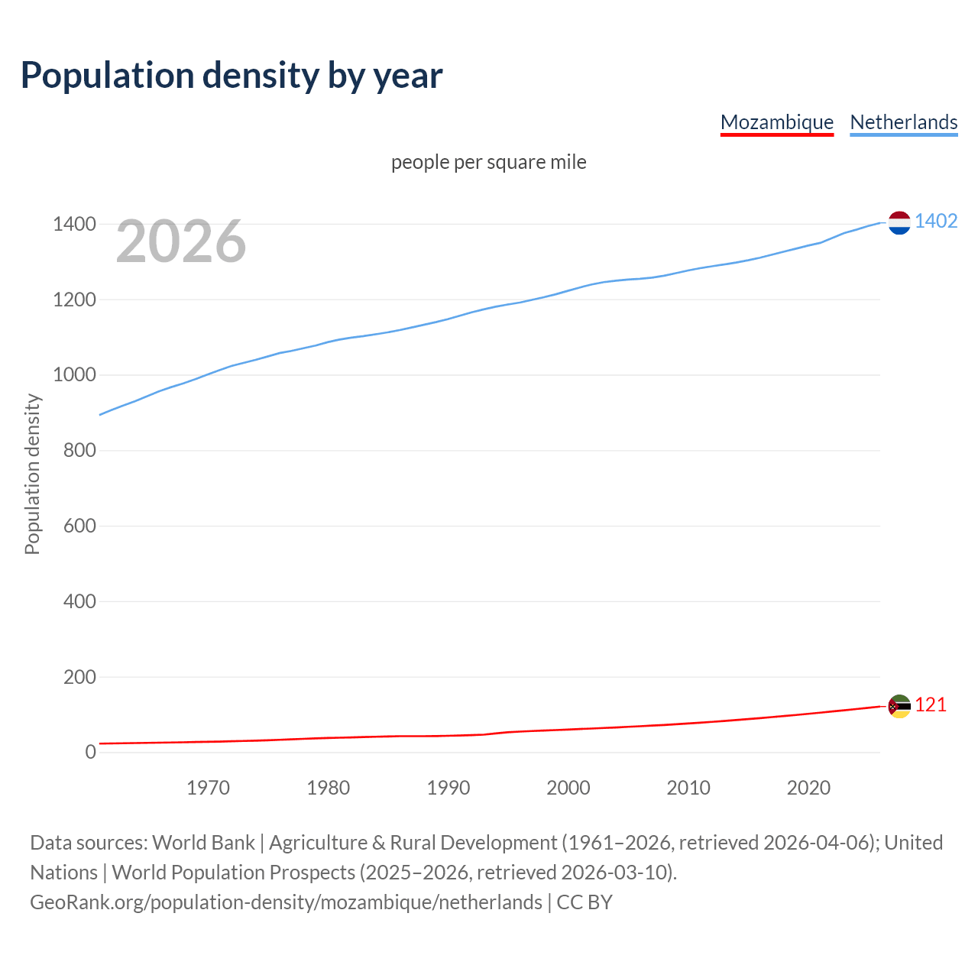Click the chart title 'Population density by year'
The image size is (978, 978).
coord(232,75)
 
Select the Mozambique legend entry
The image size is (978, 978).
coord(776,122)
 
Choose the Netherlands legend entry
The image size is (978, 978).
coord(903,122)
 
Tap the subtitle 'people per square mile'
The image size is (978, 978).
coord(488,162)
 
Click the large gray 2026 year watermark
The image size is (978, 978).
coord(181,241)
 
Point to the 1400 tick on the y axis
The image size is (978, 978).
coord(74,224)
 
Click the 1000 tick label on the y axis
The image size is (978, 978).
coord(74,375)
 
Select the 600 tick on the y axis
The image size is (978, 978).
coord(79,526)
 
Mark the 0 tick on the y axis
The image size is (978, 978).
coord(91,752)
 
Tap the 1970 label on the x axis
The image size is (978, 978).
coord(208,788)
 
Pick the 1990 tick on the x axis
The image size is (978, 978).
coord(449,788)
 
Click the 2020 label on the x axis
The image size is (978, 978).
coord(808,788)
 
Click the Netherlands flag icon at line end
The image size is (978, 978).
coord(899,222)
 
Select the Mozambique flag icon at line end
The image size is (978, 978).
coord(899,706)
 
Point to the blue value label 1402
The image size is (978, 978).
coord(936,221)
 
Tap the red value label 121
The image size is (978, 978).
coord(931,704)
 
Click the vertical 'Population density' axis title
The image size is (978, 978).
coord(32,474)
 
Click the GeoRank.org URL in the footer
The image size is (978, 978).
coord(286,902)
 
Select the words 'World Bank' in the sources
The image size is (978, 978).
coord(203,843)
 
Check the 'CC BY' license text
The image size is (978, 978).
coord(585,902)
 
